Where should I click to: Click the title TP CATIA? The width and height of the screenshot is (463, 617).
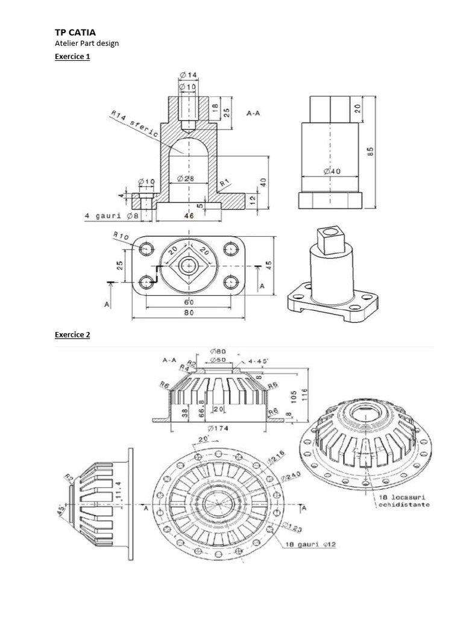75,33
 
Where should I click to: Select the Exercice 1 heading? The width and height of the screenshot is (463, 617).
72,57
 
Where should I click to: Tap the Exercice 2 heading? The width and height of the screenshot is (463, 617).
72,334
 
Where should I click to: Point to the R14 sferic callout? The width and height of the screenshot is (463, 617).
134,124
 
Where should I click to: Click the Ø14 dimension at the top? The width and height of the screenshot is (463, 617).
188,75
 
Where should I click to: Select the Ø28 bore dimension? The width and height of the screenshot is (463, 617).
185,178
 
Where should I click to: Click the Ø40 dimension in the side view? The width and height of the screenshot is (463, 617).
332,171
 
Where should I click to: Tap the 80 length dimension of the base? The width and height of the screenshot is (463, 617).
189,313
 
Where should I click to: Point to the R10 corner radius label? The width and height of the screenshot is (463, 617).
121,235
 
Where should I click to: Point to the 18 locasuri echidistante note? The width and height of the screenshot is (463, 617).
403,501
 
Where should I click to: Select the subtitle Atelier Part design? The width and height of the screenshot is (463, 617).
87,43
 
